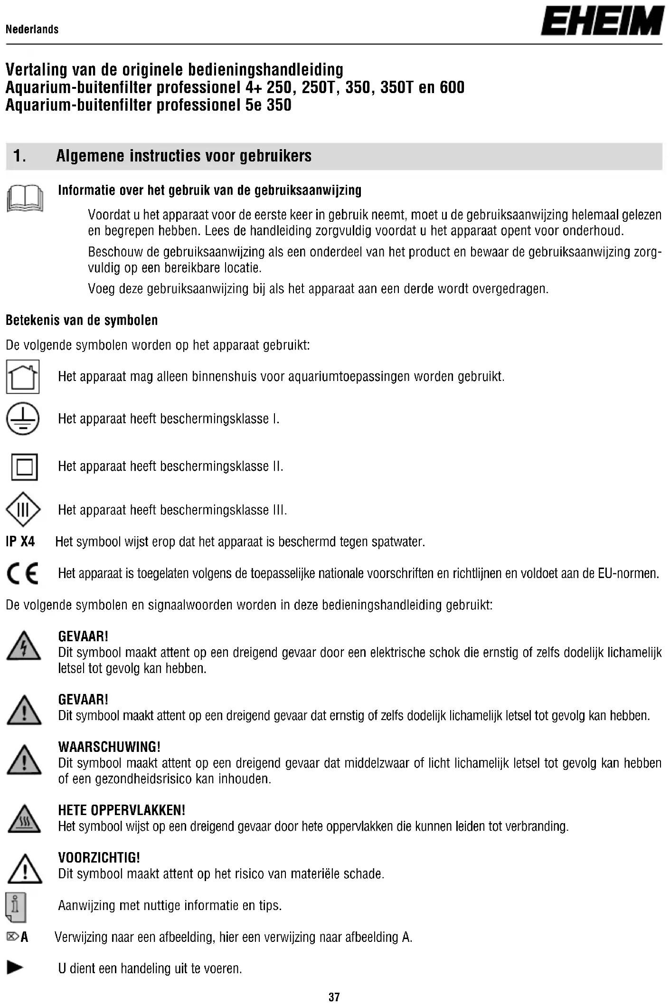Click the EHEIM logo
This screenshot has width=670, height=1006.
pos(602,21)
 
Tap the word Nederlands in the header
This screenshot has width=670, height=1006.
pos(32,29)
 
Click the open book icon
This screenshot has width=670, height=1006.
pos(25,199)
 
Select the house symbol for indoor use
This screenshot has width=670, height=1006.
pos(23,377)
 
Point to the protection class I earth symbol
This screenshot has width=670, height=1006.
pos(23,419)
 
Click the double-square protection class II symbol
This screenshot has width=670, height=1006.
pos(24,467)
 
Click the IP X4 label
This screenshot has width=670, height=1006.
pos(20,541)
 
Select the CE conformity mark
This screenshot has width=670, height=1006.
pos(23,574)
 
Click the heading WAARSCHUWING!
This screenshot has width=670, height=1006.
pos(109,747)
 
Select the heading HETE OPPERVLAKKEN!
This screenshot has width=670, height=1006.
pos(122,810)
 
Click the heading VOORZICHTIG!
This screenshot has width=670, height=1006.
pos(99,857)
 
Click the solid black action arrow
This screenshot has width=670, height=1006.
pos(15,968)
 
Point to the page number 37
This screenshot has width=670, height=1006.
pos(334,997)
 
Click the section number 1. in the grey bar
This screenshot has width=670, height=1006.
pos(20,156)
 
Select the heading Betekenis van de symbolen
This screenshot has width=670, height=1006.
pos(82,321)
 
